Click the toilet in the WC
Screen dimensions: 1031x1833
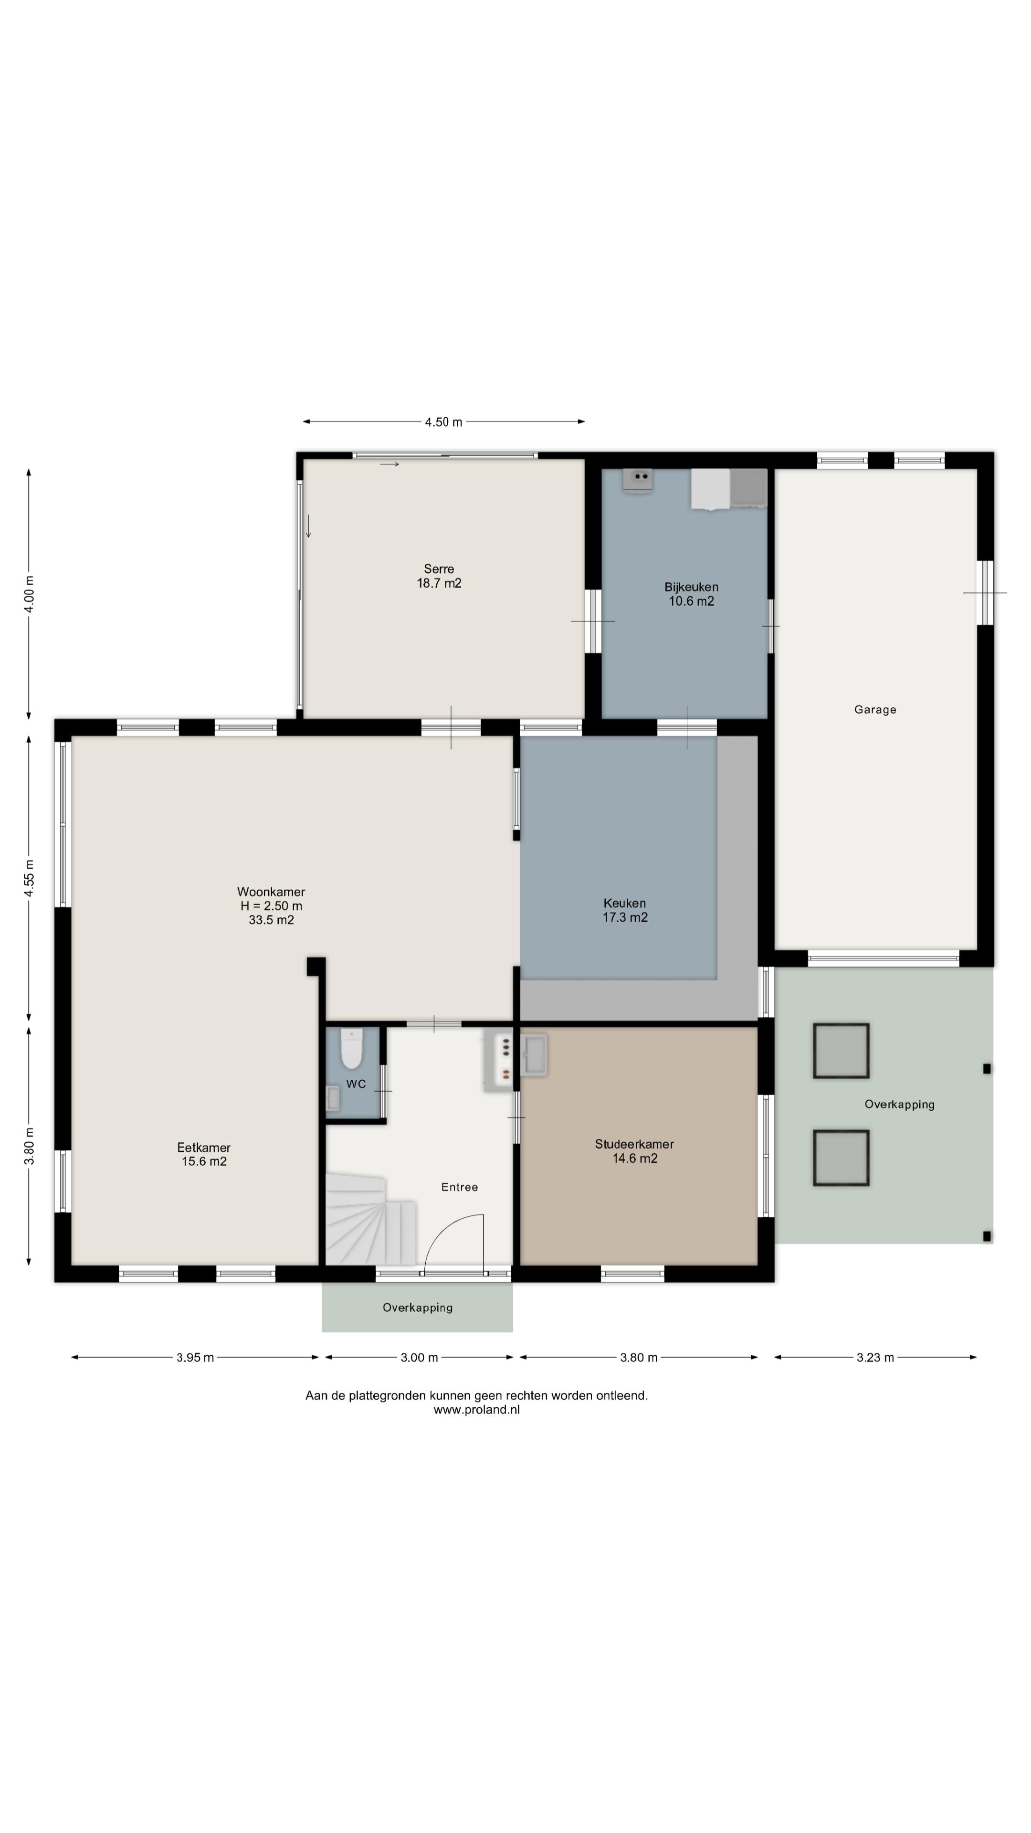(351, 1049)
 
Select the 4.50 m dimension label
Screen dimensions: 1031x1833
(443, 422)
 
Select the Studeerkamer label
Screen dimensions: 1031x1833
(634, 1144)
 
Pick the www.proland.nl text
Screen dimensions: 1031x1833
(477, 1410)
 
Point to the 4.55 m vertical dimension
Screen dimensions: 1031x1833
(29, 879)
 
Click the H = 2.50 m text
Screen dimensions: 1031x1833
(271, 906)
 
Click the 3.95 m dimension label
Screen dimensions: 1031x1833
(195, 1358)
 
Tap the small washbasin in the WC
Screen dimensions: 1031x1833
(333, 1098)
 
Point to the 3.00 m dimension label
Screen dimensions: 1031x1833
(419, 1358)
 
